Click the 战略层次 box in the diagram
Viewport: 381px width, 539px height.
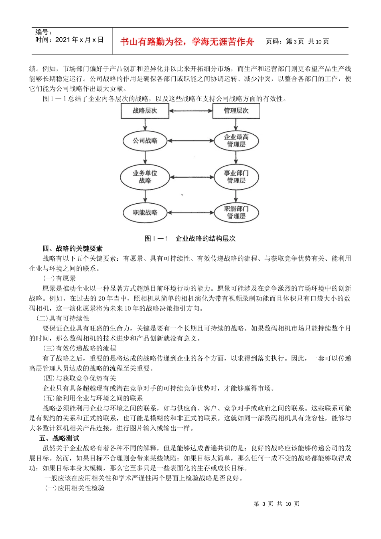(145, 111)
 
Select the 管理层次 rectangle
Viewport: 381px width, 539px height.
(236, 111)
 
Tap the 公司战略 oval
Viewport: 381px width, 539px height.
(145, 141)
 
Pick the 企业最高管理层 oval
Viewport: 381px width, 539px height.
(236, 141)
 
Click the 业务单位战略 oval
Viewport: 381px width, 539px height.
(145, 177)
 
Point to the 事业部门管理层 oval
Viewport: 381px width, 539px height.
(236, 177)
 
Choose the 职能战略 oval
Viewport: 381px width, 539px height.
(145, 213)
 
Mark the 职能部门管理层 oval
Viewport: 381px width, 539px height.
(236, 213)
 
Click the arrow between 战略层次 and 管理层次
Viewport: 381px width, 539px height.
(190, 111)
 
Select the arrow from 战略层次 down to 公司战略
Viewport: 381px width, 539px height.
(145, 124)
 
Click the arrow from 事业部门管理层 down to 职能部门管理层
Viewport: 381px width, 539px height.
(236, 196)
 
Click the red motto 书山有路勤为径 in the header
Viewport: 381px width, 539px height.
(187, 42)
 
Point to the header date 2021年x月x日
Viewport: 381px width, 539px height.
(79, 40)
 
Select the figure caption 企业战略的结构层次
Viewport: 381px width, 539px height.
(205, 239)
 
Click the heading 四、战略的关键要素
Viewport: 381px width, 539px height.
(72, 249)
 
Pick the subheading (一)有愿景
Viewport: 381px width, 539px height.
(59, 278)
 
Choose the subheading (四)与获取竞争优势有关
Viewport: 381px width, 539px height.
(79, 378)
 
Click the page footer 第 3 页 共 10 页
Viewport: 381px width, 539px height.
(276, 504)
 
